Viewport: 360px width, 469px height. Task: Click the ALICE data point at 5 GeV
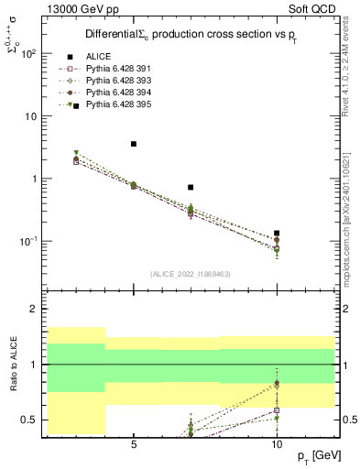[134, 144]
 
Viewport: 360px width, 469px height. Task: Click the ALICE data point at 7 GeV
[191, 187]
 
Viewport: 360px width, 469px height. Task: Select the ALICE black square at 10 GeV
[277, 234]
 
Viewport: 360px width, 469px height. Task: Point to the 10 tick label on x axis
[277, 444]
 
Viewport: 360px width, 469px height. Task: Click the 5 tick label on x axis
[134, 444]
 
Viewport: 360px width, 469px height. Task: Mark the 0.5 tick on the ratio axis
[29, 420]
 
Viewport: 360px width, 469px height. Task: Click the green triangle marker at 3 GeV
[77, 153]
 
